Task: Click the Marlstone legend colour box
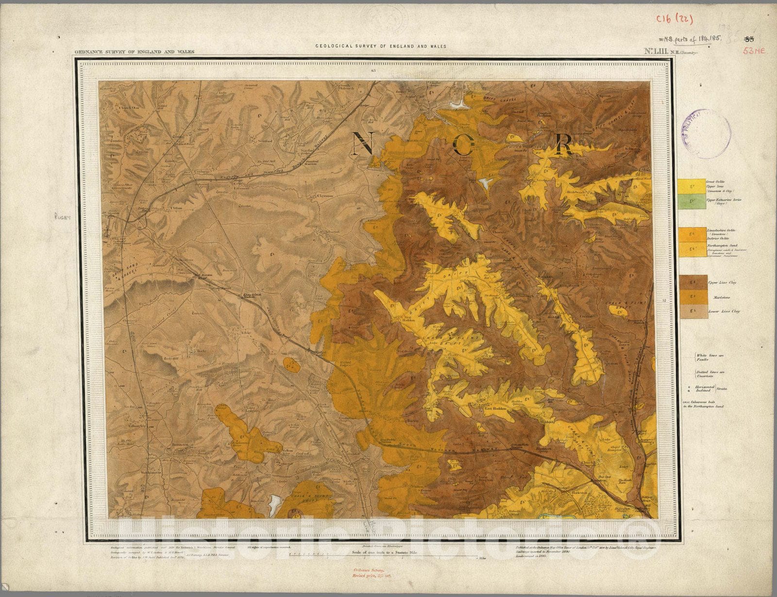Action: coord(694,297)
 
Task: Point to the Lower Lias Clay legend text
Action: coord(724,311)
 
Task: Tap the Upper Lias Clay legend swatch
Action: coord(694,282)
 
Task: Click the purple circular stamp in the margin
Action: coord(707,133)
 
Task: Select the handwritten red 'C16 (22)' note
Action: coord(674,19)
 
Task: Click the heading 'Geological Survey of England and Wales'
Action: coord(381,47)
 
